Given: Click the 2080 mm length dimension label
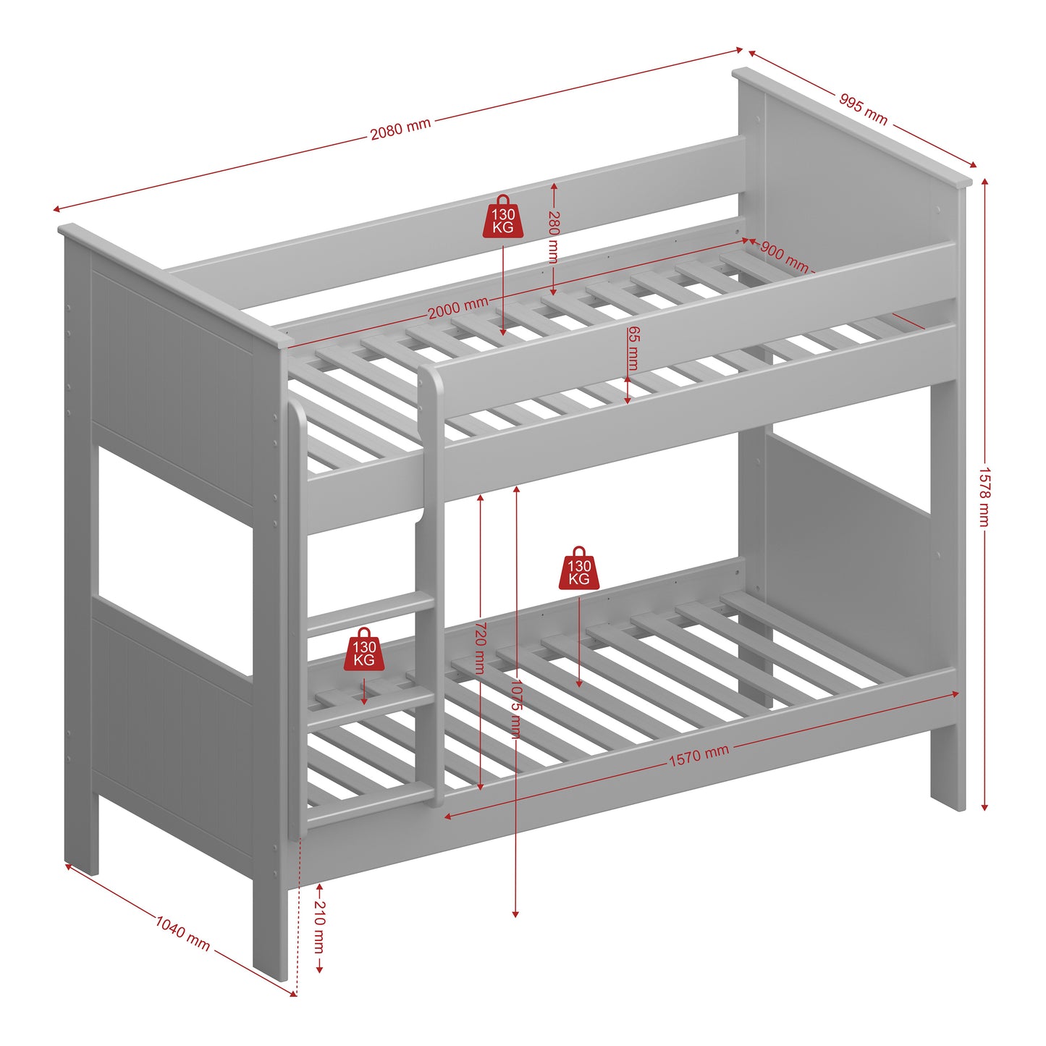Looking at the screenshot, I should [400, 130].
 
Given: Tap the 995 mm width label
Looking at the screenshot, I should [863, 109].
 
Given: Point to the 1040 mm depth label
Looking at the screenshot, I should [182, 934].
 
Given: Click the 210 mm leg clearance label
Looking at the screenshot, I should [319, 929].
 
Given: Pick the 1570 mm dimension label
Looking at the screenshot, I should [699, 756].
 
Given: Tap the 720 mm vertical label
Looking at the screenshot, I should [480, 647].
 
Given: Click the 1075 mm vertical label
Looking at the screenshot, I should [515, 709].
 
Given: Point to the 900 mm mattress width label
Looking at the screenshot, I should [784, 256].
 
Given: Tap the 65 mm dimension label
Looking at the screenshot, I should [633, 348].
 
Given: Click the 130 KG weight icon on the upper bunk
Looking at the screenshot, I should [503, 217].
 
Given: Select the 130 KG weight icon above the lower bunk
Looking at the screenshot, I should [579, 569].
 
